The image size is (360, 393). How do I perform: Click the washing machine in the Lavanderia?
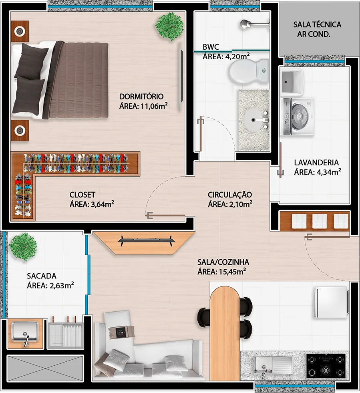coord(298,117)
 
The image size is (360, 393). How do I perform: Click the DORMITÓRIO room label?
coord(141,97)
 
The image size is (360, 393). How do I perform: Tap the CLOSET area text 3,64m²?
coord(92,205)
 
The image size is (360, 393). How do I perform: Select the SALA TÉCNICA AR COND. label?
coord(317,29)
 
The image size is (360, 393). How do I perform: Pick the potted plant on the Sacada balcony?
coord(23,247)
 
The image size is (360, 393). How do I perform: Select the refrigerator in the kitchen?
coord(331,302)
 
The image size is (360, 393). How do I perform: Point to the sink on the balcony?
coord(25,333)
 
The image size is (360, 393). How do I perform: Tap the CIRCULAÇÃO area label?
coord(230,200)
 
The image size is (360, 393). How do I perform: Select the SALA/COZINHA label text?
coord(223,262)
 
